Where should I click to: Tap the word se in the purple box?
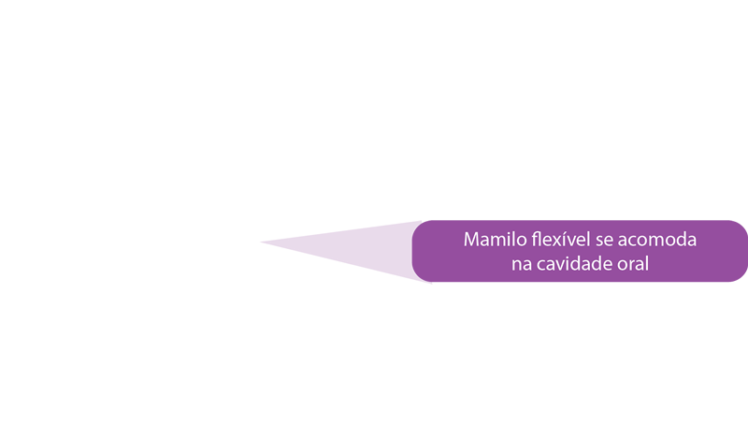coord(604,242)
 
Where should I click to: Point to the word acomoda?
coord(657,240)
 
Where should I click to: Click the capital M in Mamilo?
coord(471,240)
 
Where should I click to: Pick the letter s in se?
coord(599,242)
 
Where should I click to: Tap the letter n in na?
coord(517,266)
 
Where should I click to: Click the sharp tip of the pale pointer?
coord(261,242)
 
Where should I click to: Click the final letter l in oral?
coord(646,264)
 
